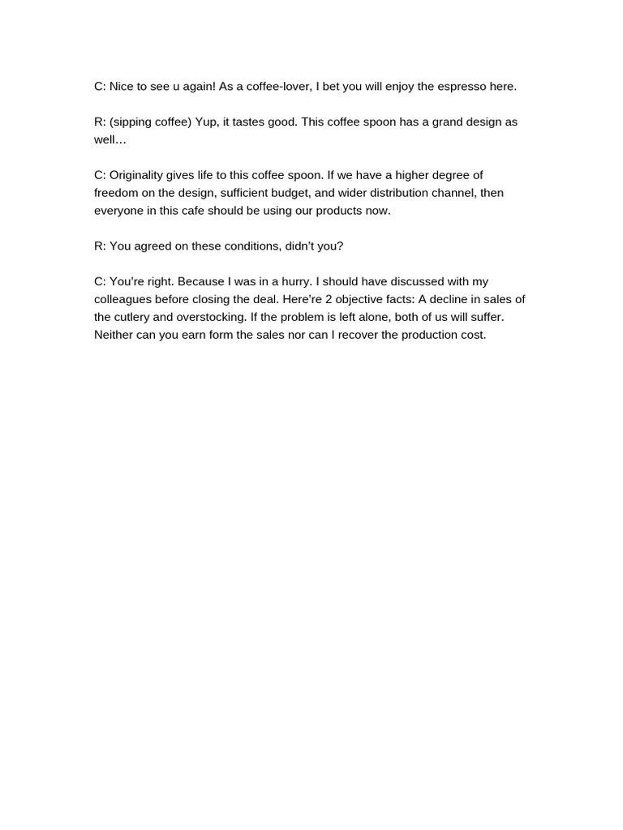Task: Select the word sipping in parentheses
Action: pyautogui.click(x=133, y=122)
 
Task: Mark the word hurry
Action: pyautogui.click(x=287, y=282)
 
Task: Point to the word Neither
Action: pyautogui.click(x=115, y=336)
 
